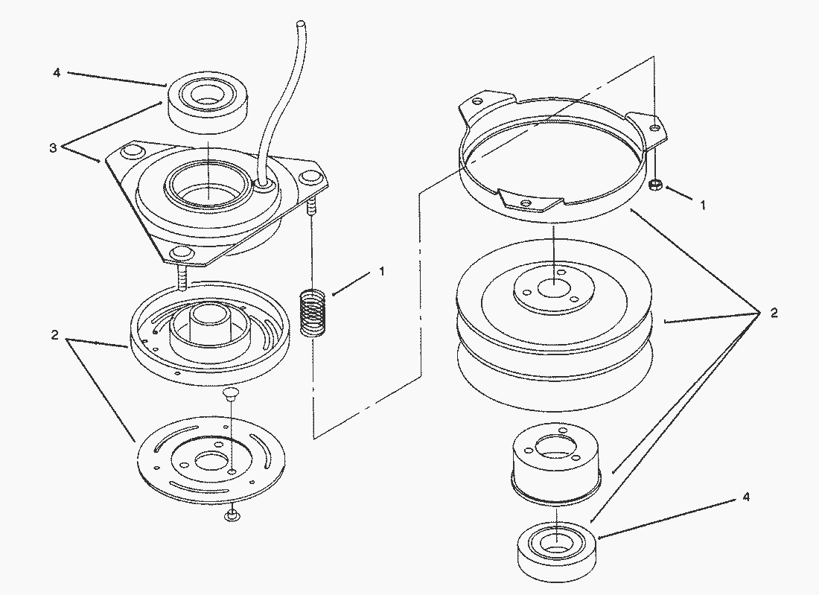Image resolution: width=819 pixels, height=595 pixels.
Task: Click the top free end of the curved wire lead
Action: (300, 24)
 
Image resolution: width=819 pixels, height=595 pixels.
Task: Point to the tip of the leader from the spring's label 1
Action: (332, 296)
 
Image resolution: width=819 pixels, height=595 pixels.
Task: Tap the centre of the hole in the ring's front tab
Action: (526, 202)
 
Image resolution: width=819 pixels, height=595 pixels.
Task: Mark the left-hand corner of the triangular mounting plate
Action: (106, 159)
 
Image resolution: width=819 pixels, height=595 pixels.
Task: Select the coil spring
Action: (313, 312)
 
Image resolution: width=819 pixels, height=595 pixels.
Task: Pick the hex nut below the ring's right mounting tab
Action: (655, 185)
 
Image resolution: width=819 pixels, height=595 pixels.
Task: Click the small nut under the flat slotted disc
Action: (232, 515)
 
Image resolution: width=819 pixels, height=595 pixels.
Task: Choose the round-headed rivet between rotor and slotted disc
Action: (229, 393)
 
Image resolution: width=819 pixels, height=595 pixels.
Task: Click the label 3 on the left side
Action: (53, 148)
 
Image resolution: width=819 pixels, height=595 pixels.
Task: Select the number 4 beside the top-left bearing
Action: (57, 73)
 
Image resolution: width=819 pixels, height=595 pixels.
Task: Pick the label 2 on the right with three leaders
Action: (774, 313)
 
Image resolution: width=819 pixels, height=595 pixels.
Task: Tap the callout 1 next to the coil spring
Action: (382, 271)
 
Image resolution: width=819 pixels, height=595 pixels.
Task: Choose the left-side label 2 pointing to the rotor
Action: (55, 335)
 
